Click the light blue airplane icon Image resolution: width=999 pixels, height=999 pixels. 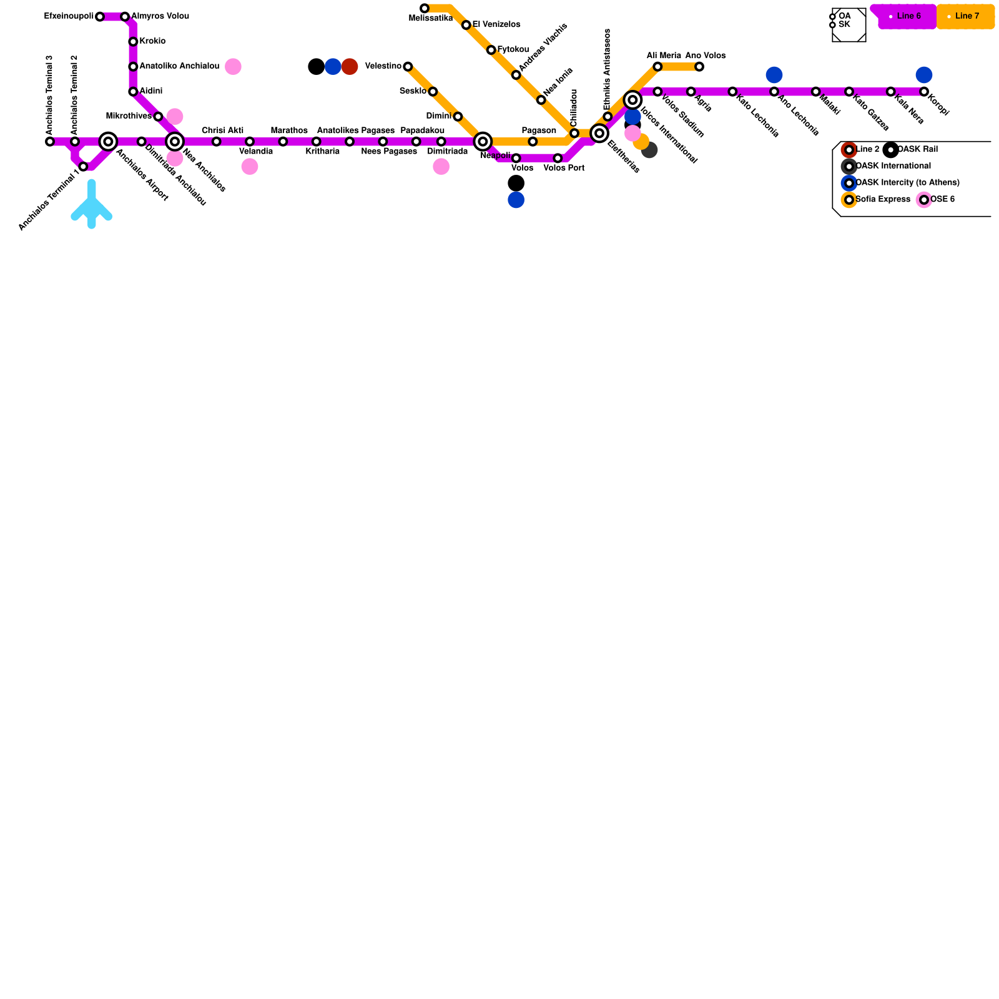click(92, 205)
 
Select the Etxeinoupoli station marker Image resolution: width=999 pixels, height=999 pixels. click(100, 16)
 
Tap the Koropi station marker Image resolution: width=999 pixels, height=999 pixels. click(923, 92)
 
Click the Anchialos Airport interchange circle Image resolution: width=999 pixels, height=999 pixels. click(108, 142)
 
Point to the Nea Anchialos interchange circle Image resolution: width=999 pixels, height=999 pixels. click(175, 142)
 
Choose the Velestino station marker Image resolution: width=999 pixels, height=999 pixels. click(408, 67)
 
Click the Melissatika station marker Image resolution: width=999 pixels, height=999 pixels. click(425, 8)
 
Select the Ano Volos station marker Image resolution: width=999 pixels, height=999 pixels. click(699, 67)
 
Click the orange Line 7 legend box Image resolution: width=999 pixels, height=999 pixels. click(965, 16)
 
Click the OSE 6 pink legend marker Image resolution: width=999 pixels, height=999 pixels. click(923, 200)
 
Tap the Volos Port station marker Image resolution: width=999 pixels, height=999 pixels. click(558, 158)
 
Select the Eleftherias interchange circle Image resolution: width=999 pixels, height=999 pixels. click(599, 133)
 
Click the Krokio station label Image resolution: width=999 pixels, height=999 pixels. click(152, 41)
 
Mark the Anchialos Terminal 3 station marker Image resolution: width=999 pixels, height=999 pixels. click(50, 142)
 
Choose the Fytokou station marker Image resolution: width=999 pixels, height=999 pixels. click(491, 50)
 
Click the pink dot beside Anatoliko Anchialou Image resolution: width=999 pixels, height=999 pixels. click(233, 67)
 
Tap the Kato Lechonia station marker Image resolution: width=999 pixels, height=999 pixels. click(732, 92)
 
